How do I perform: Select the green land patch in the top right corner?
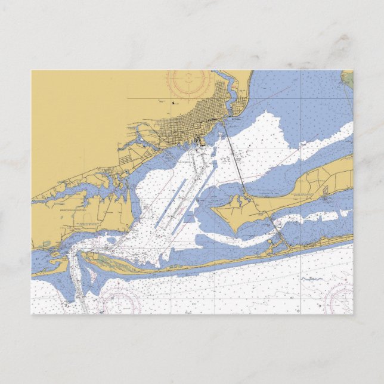click(x=348, y=79)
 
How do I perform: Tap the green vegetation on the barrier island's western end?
click(x=104, y=259)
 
